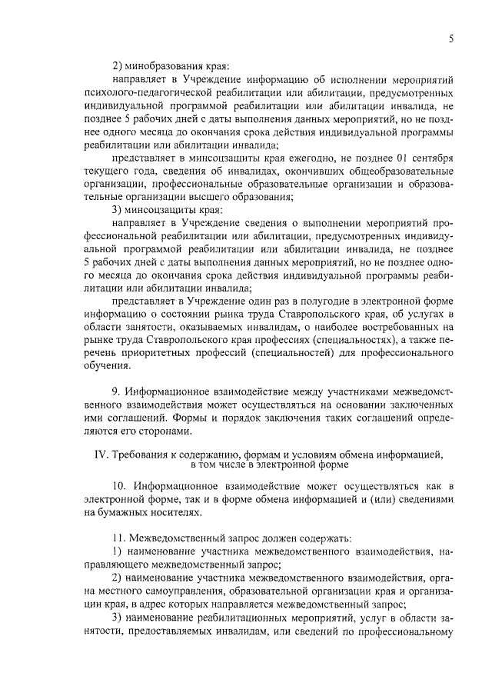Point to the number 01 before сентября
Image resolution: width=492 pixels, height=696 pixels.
[x=387, y=158]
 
